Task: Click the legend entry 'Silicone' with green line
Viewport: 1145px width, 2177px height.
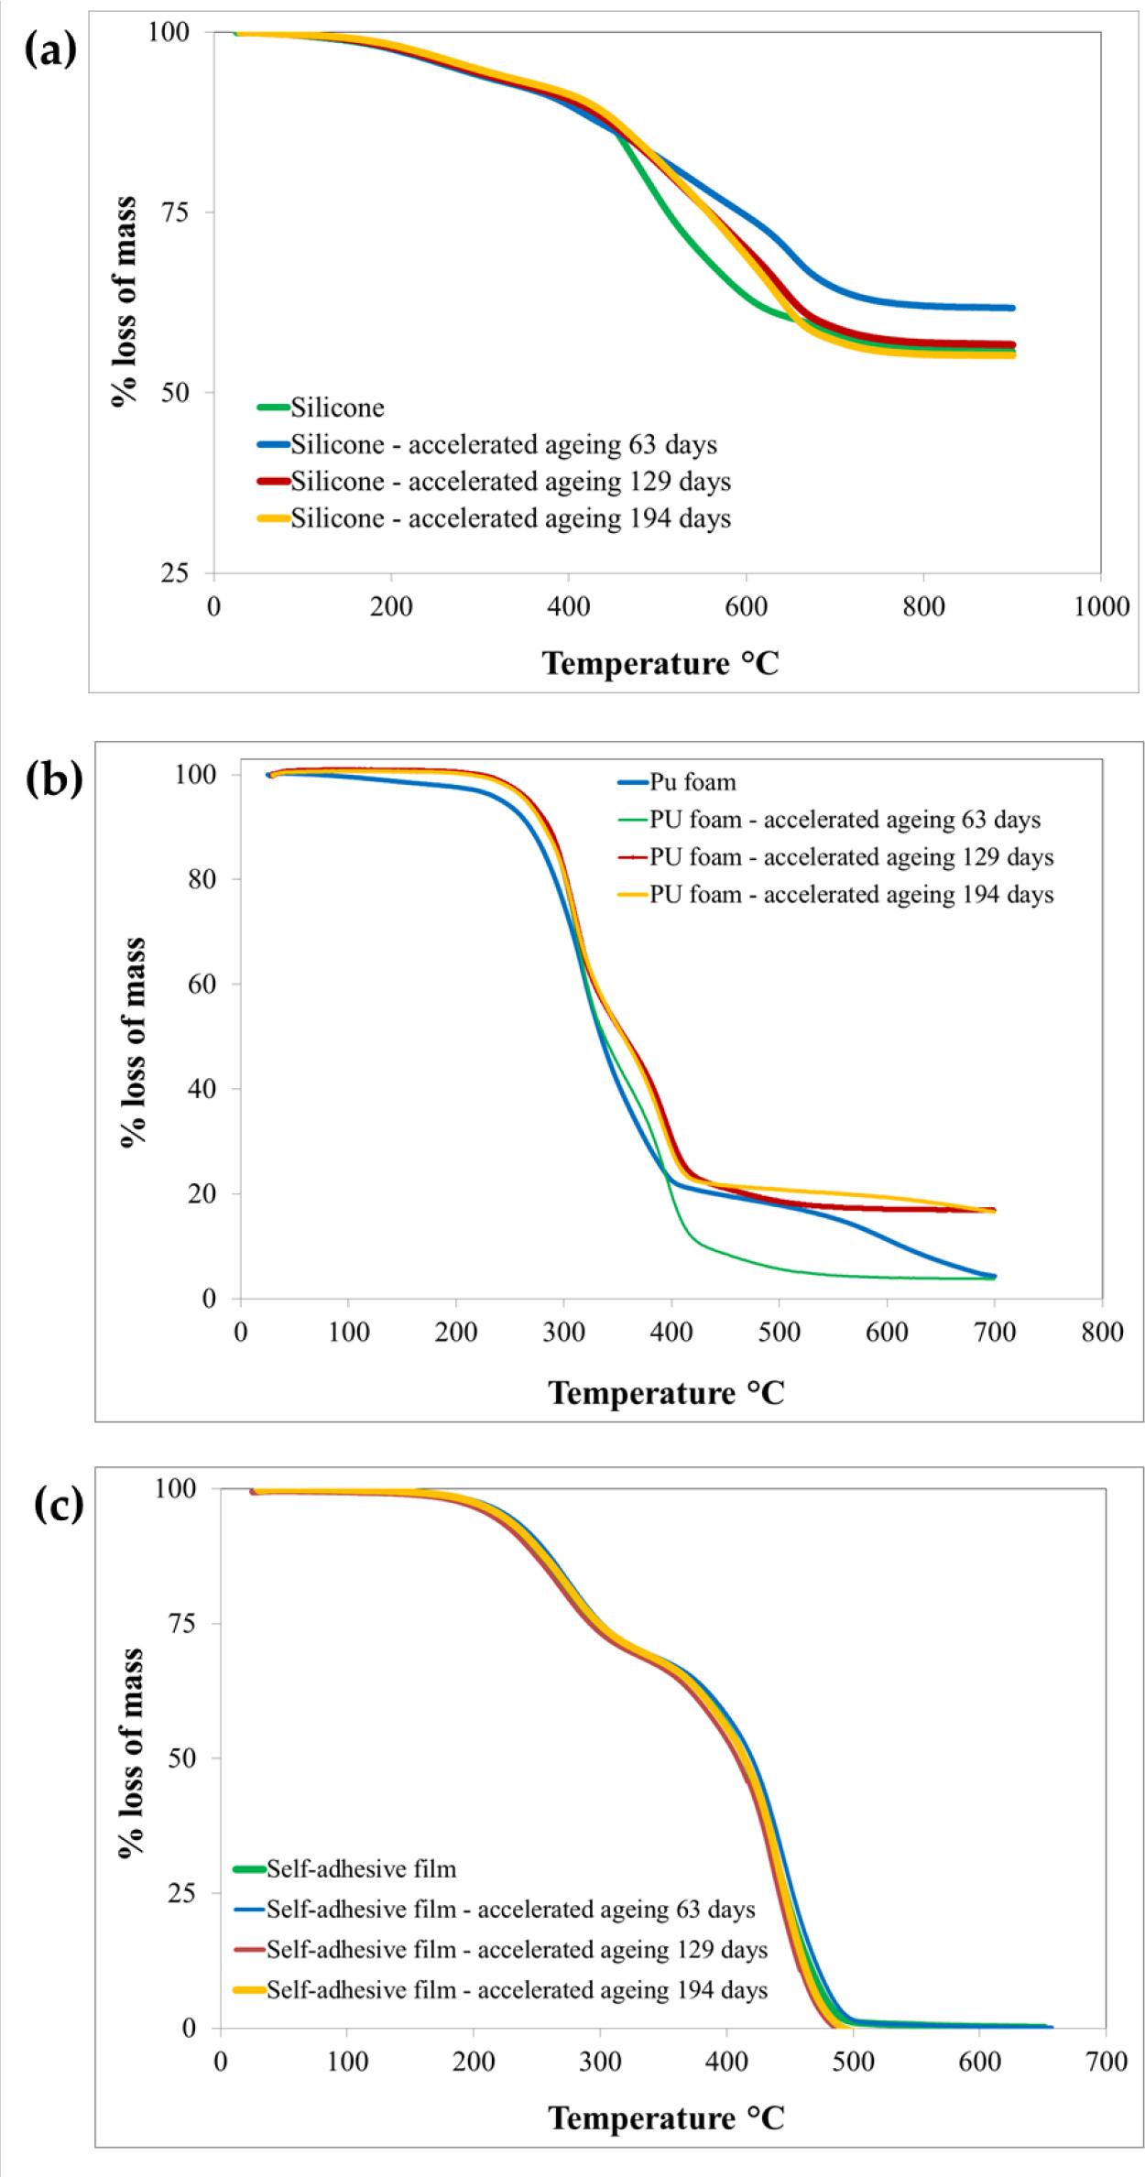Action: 337,408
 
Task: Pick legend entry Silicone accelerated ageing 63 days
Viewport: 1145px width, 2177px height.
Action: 503,445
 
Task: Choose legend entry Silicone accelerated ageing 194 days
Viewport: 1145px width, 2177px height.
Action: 510,518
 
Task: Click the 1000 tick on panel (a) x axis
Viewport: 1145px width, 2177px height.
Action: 1100,607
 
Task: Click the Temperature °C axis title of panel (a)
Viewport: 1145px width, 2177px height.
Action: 660,662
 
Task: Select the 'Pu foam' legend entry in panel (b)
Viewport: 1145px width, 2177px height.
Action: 692,782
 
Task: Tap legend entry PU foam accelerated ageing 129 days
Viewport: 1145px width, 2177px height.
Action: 851,857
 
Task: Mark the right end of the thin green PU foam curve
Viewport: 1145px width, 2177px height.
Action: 994,1278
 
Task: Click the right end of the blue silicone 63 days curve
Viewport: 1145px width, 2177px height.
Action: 1012,308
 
